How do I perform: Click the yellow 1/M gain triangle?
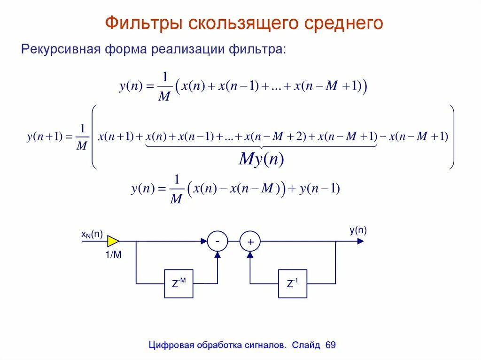pos(113,241)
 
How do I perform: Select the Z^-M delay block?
pos(178,283)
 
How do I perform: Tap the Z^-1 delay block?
pos(293,283)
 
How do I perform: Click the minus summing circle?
pos(217,241)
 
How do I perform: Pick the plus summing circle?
pos(250,242)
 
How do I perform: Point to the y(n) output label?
pos(358,230)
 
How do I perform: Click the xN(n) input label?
pos(92,234)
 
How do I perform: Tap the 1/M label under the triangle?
pos(114,255)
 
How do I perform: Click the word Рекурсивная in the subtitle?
pos(58,49)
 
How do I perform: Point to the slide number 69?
pos(330,345)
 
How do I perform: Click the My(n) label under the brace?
pos(261,160)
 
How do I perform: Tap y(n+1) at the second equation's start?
pos(45,137)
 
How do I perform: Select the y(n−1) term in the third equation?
pos(319,189)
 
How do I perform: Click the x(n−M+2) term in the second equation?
pos(275,137)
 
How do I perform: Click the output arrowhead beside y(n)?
pos(360,241)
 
